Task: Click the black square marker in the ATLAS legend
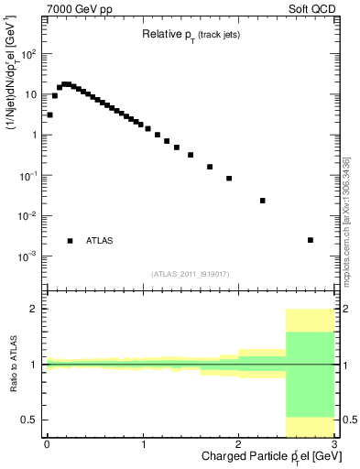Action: (71, 241)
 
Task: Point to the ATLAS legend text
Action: (100, 241)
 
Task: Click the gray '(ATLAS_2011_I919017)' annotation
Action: (191, 274)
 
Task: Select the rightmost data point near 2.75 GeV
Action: (311, 240)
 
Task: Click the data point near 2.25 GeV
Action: (263, 201)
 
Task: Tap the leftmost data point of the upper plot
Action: (49, 115)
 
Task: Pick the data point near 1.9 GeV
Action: (229, 179)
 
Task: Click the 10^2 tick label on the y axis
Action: (29, 54)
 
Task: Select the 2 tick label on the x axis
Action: (238, 444)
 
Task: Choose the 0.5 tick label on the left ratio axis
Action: (30, 420)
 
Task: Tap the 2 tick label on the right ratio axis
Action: (345, 310)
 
